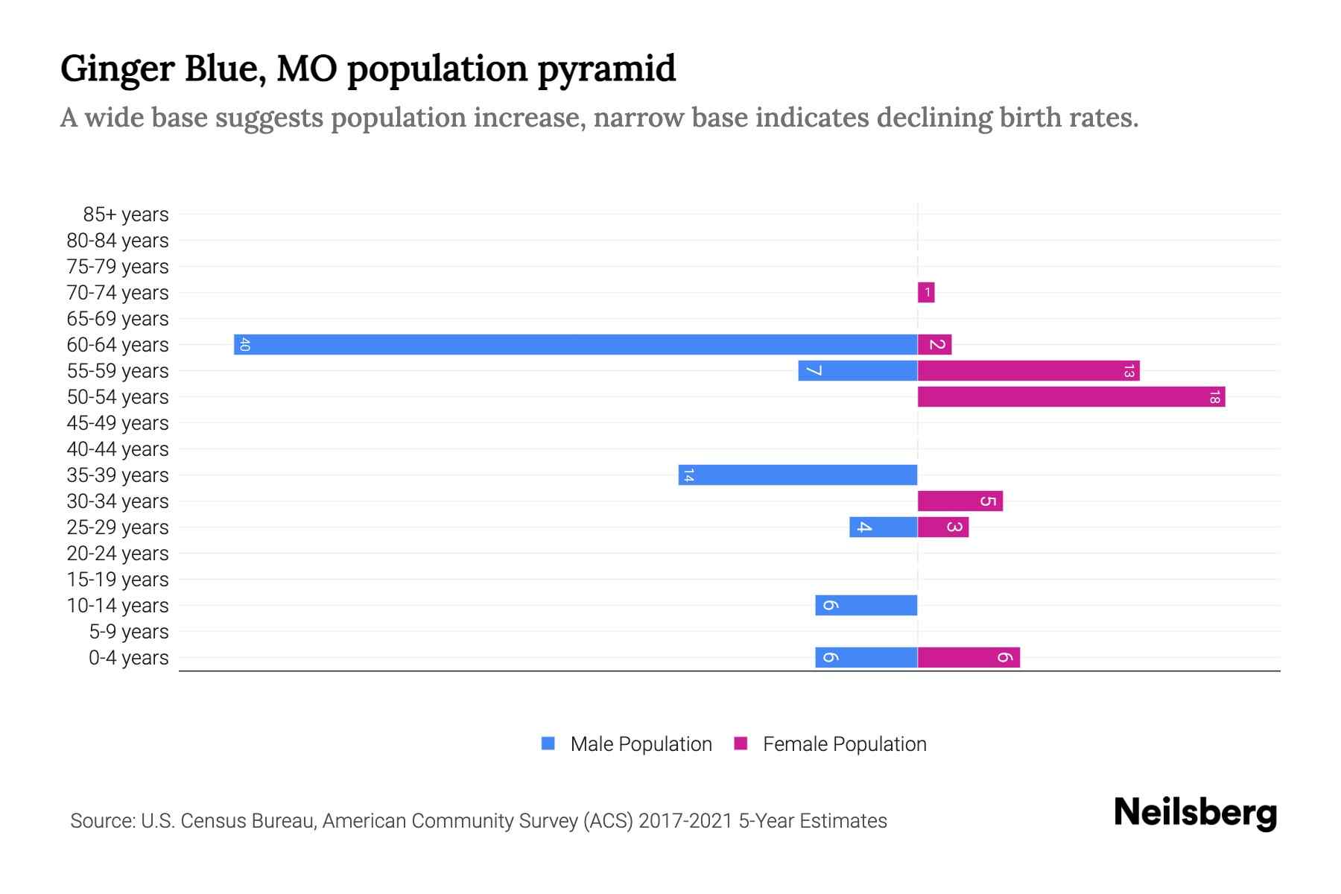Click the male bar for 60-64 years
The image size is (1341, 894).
pyautogui.click(x=575, y=344)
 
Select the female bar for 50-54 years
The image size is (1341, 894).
pyautogui.click(x=1071, y=396)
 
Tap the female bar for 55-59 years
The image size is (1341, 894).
pyautogui.click(x=1028, y=370)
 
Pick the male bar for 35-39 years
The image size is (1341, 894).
pyautogui.click(x=797, y=475)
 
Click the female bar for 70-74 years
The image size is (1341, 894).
pyautogui.click(x=926, y=292)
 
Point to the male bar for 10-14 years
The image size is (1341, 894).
pyautogui.click(x=866, y=605)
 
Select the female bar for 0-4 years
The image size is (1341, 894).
pyautogui.click(x=968, y=657)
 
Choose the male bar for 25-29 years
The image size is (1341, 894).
pyautogui.click(x=883, y=527)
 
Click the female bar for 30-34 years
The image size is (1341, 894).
pyautogui.click(x=960, y=501)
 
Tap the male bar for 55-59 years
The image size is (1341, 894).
pyautogui.click(x=857, y=370)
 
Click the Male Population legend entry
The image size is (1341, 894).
pyautogui.click(x=626, y=744)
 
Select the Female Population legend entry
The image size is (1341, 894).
pyautogui.click(x=831, y=744)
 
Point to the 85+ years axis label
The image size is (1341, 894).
pyautogui.click(x=125, y=215)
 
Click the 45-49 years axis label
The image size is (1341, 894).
pyautogui.click(x=118, y=423)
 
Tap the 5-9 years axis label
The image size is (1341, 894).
pyautogui.click(x=128, y=632)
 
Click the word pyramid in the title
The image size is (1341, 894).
pyautogui.click(x=606, y=69)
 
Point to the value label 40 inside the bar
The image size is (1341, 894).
pyautogui.click(x=244, y=344)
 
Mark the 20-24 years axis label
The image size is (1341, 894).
pyautogui.click(x=118, y=554)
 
